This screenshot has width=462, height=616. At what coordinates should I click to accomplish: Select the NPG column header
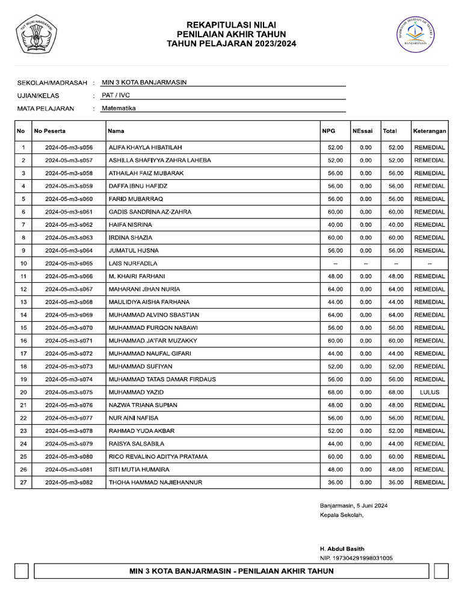coord(328,131)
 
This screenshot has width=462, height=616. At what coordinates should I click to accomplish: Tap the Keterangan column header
coord(430,131)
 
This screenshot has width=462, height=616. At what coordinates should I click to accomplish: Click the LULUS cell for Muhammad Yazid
coord(430,392)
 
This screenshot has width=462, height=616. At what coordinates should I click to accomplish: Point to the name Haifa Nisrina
coord(130,225)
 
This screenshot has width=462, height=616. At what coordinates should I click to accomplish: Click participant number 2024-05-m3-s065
coord(69,263)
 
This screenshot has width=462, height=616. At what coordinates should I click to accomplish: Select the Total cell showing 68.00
coord(395,392)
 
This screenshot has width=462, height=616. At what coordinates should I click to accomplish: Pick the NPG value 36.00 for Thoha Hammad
coord(335,482)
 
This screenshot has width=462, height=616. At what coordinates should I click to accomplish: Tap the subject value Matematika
coord(119,108)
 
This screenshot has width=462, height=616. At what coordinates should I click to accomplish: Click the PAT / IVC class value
coord(117,95)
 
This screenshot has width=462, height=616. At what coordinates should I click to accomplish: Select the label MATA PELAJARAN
coord(46,109)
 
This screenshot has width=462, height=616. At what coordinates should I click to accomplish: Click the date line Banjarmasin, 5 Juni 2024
coord(354,506)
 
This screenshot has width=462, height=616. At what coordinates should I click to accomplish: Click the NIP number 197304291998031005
coord(356,558)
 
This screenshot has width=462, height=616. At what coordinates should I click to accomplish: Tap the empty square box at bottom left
coord(22,571)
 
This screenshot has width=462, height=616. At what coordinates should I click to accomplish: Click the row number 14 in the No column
coord(23,315)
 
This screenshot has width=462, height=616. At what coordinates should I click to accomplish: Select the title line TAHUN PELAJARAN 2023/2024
coord(231,44)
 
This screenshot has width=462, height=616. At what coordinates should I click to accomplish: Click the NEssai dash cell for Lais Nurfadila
coord(365,263)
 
